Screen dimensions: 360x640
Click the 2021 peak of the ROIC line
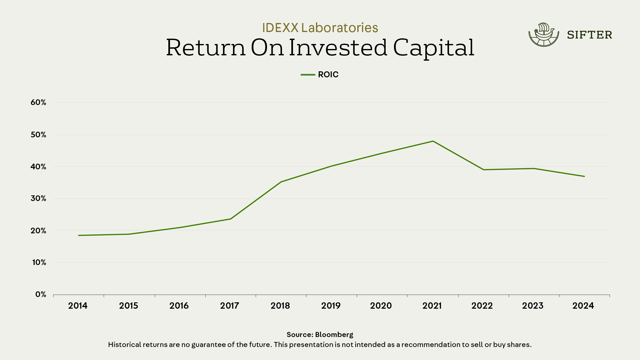pyautogui.click(x=433, y=141)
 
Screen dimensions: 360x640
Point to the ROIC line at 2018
pyautogui.click(x=281, y=182)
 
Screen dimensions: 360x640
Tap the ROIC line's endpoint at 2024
pyautogui.click(x=584, y=176)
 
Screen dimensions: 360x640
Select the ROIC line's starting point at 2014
pyautogui.click(x=79, y=235)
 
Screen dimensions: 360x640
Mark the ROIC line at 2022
pyautogui.click(x=483, y=170)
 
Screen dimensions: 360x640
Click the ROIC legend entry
pyautogui.click(x=320, y=75)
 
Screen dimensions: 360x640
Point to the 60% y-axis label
pyautogui.click(x=38, y=102)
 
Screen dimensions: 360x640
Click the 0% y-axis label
pyautogui.click(x=41, y=294)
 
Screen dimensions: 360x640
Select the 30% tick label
pyautogui.click(x=38, y=198)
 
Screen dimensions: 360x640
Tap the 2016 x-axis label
pyautogui.click(x=179, y=306)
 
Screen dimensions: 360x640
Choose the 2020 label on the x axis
pyautogui.click(x=381, y=306)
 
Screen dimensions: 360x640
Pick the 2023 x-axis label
pyautogui.click(x=533, y=306)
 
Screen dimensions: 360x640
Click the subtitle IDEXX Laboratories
pyautogui.click(x=320, y=28)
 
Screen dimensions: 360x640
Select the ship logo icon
pyautogui.click(x=544, y=35)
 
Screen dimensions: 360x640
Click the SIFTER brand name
pyautogui.click(x=589, y=35)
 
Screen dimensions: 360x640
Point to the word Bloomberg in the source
pyautogui.click(x=334, y=335)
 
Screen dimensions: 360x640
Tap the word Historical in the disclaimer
pyautogui.click(x=125, y=345)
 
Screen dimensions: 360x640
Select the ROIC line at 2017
pyautogui.click(x=230, y=219)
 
